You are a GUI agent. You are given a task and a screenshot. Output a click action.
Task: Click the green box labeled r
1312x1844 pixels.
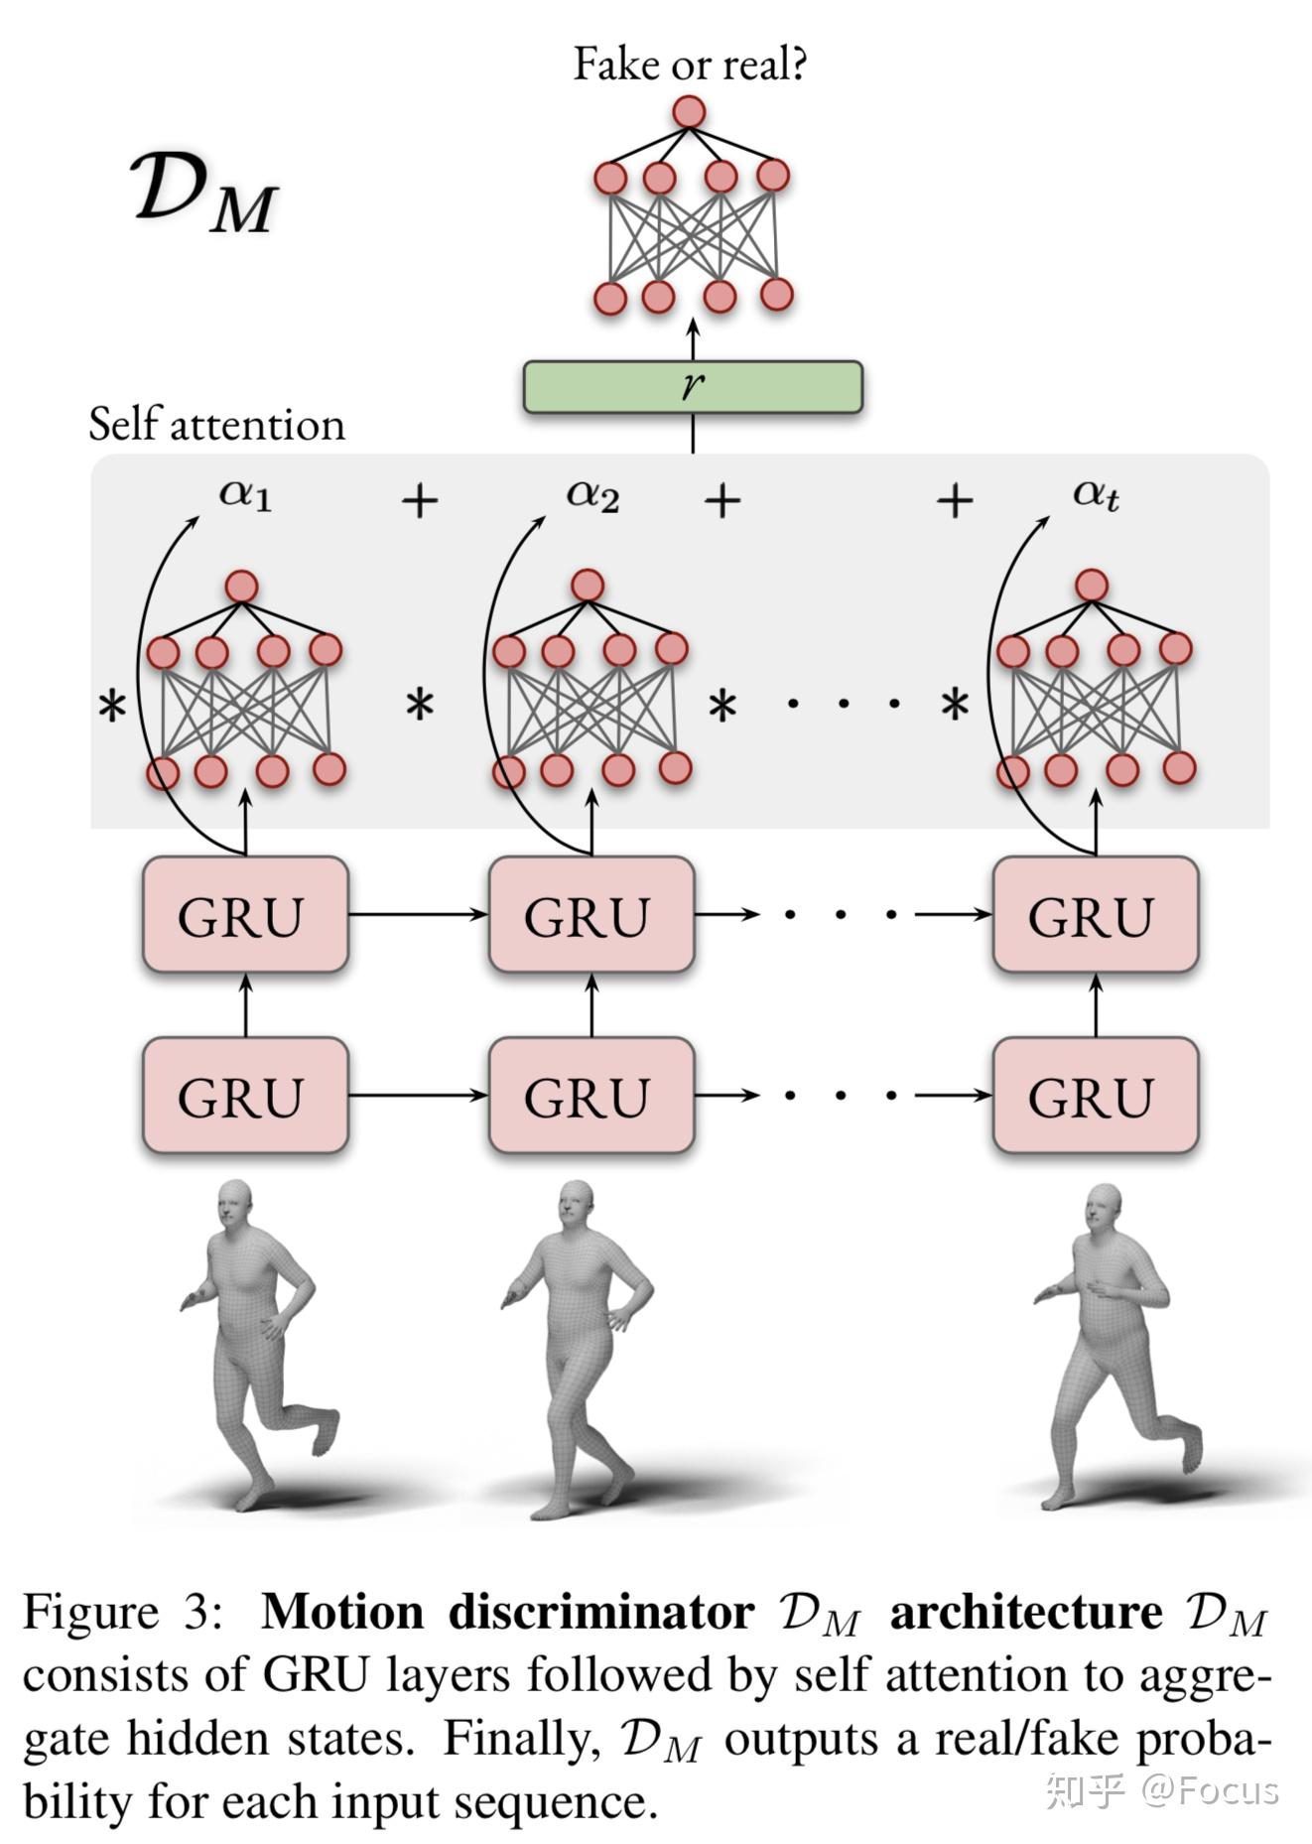click(x=692, y=387)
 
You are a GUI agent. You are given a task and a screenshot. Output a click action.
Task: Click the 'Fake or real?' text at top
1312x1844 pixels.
click(x=690, y=65)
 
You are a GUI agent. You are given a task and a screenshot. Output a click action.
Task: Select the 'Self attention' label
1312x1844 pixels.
click(x=216, y=425)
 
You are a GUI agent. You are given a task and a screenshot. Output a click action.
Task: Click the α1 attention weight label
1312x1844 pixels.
click(x=245, y=493)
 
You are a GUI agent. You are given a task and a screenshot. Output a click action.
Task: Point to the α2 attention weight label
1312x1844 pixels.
click(x=592, y=493)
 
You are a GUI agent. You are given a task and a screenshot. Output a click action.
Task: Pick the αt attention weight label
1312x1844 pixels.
click(x=1096, y=493)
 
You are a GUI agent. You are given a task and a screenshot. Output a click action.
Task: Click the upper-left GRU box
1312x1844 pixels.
click(x=245, y=914)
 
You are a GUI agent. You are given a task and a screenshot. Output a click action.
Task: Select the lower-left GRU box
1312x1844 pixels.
click(x=245, y=1095)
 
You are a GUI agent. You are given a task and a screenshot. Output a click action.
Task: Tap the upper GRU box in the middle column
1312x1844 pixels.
click(x=590, y=914)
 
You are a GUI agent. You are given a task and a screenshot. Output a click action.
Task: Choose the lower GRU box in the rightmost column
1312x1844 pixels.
click(x=1095, y=1095)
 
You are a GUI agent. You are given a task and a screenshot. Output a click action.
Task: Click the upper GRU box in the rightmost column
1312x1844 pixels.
click(x=1095, y=914)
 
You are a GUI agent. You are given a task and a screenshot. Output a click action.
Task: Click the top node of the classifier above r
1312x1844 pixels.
click(x=689, y=112)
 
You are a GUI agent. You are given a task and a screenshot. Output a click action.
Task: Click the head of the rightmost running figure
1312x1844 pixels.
click(x=1104, y=1205)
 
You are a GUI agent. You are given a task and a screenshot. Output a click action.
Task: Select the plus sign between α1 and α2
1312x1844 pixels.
click(x=420, y=500)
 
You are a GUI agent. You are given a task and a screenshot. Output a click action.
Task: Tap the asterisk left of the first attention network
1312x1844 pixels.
click(x=112, y=709)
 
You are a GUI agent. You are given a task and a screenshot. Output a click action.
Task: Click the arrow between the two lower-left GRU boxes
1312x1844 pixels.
click(x=417, y=1095)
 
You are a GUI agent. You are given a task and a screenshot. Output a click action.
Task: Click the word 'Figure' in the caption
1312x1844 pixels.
click(x=90, y=1613)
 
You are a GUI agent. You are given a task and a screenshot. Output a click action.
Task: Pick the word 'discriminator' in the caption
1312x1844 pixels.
click(x=601, y=1613)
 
